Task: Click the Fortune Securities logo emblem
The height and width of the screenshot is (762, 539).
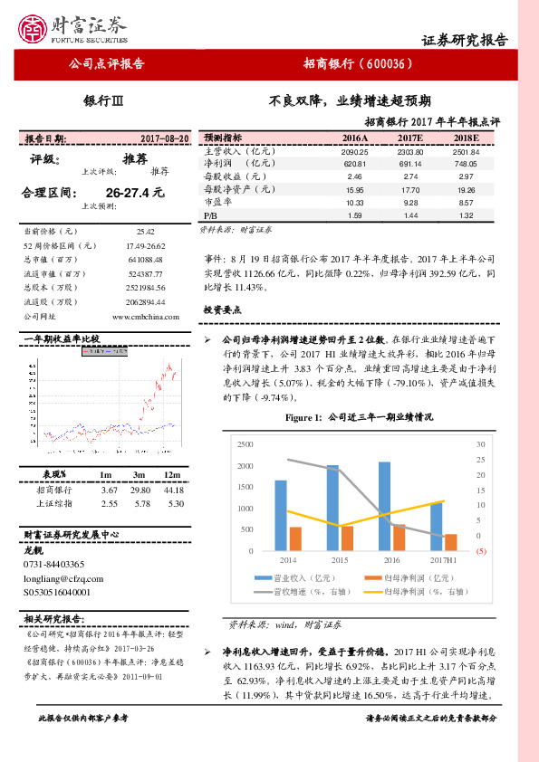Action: [34, 28]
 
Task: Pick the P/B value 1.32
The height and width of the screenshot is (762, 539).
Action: [467, 216]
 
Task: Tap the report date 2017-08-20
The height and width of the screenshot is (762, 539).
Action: [165, 138]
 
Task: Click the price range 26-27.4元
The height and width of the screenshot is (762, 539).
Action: [135, 193]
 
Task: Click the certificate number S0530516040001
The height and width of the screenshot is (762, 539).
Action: [57, 590]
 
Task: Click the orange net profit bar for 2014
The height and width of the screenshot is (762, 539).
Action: [294, 538]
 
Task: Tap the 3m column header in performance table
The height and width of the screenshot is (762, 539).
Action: [139, 474]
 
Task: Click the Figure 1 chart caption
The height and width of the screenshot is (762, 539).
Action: [360, 418]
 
